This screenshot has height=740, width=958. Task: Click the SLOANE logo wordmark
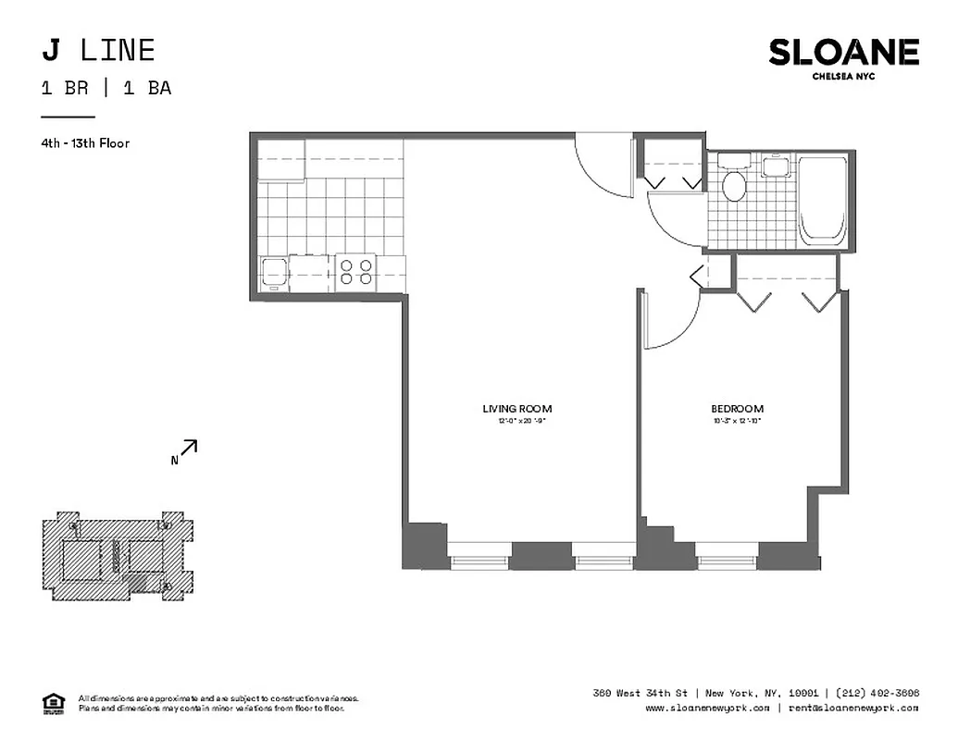coord(843,53)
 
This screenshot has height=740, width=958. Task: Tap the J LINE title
coord(98,50)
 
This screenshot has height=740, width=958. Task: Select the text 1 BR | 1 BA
coord(106,89)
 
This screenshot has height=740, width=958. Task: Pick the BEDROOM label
coord(737,409)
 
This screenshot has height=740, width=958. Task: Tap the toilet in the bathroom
coord(734,184)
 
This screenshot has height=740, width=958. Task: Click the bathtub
coord(821,200)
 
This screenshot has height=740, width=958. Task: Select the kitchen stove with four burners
coord(356,271)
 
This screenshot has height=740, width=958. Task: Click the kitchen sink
coord(274,272)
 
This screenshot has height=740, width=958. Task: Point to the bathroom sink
coord(774,166)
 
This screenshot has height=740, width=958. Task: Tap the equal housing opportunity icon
coord(55,702)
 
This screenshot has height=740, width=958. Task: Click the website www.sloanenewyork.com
coord(706,708)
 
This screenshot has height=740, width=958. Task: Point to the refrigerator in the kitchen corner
coord(281,160)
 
